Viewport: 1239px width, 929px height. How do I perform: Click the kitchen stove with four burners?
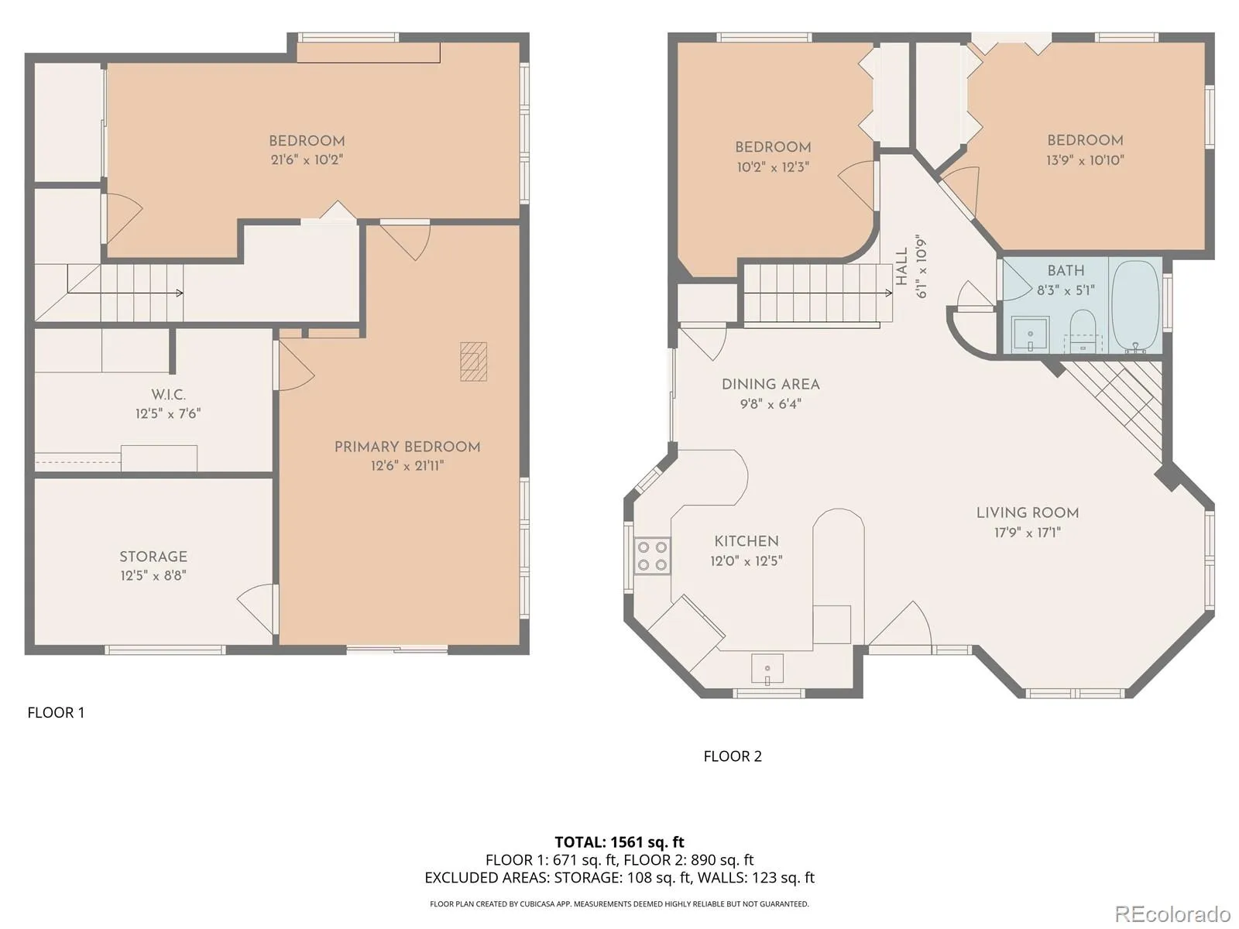(x=652, y=556)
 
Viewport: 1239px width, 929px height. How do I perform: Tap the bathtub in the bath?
(x=1136, y=306)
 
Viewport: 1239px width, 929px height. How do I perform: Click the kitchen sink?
(x=767, y=669)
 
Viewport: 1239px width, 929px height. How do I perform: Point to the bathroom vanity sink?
(x=1030, y=334)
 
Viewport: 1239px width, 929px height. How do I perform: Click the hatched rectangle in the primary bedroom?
(x=473, y=362)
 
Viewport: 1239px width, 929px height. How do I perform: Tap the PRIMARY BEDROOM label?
(x=407, y=447)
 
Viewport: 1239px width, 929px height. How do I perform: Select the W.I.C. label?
(x=168, y=394)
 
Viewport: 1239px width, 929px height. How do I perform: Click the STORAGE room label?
(x=153, y=557)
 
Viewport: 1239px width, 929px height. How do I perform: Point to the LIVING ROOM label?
(x=1028, y=512)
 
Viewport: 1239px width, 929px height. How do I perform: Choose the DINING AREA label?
(x=771, y=384)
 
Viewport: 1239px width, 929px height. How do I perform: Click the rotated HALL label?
(x=901, y=266)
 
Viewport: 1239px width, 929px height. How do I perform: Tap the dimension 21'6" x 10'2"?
(x=307, y=159)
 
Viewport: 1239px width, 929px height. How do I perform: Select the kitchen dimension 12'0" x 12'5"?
(x=746, y=560)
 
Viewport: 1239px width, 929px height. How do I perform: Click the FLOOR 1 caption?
(x=56, y=712)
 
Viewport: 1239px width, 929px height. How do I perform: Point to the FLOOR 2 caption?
(x=732, y=756)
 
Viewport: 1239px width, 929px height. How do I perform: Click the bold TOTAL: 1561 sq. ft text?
(x=619, y=842)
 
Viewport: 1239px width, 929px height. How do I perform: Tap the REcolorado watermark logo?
(x=1172, y=914)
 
